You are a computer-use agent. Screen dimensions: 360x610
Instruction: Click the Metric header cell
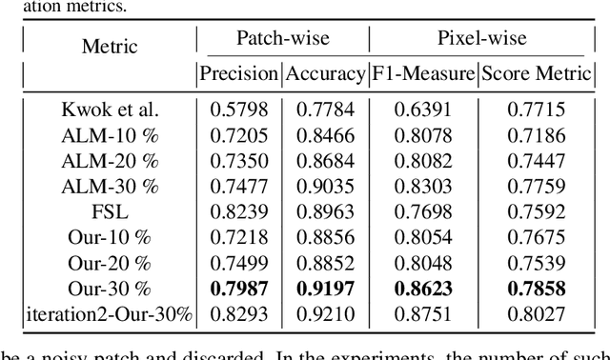coord(110,47)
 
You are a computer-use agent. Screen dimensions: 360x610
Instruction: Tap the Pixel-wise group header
coord(483,39)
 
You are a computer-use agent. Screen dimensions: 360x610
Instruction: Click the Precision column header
coord(238,73)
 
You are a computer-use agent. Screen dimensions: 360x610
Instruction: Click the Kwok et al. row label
coord(111,110)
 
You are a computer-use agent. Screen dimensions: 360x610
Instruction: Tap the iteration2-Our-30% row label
coord(111,315)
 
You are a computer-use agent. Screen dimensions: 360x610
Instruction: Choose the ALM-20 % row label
coord(111,161)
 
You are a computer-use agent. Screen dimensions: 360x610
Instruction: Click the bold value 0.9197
coord(327,290)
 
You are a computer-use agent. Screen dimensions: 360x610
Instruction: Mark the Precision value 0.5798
coord(238,110)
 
